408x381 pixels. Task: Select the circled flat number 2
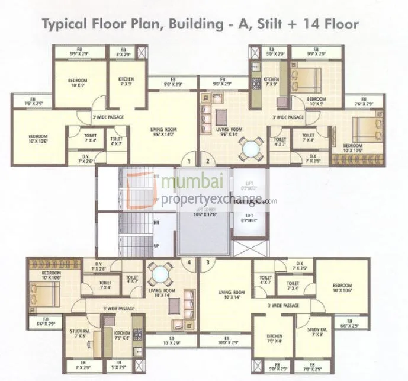pyautogui.click(x=207, y=160)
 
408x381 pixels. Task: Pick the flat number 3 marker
pyautogui.click(x=207, y=261)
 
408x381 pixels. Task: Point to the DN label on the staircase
pyautogui.click(x=155, y=223)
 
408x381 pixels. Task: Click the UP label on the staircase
pyautogui.click(x=155, y=245)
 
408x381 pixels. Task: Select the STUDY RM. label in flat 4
pyautogui.click(x=81, y=333)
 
